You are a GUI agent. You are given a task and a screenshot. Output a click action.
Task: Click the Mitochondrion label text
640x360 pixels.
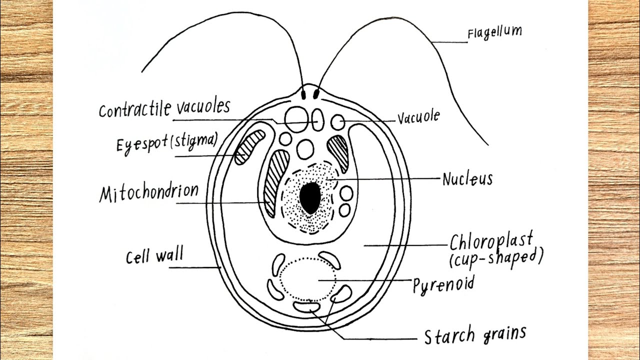pyautogui.click(x=148, y=192)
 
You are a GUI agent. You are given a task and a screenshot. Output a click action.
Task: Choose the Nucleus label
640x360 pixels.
pyautogui.click(x=467, y=178)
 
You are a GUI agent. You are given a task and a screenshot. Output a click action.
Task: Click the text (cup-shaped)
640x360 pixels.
pyautogui.click(x=495, y=257)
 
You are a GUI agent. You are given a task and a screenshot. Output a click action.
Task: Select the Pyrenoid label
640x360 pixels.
pyautogui.click(x=443, y=285)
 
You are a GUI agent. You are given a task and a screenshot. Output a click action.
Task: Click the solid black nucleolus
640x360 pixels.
pyautogui.click(x=310, y=198)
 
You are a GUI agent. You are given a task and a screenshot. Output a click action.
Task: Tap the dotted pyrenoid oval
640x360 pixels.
pyautogui.click(x=307, y=278)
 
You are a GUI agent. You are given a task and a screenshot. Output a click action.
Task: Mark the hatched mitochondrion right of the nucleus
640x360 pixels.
pyautogui.click(x=339, y=151)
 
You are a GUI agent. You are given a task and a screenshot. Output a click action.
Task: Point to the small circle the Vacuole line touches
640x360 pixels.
pyautogui.click(x=338, y=121)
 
